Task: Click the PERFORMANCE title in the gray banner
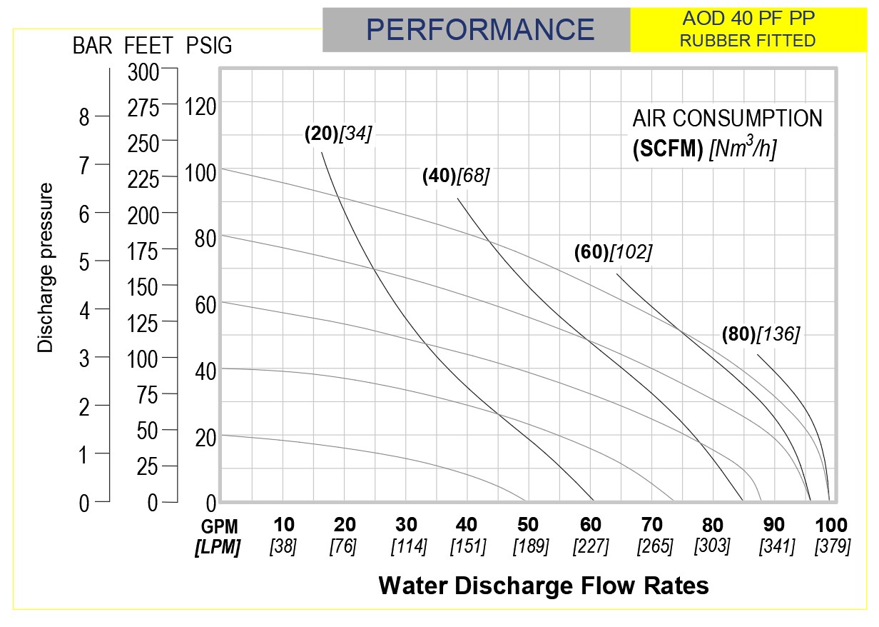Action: click(x=479, y=29)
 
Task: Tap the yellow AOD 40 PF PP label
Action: click(x=747, y=17)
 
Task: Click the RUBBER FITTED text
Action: click(x=747, y=41)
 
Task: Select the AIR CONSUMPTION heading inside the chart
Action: click(x=727, y=118)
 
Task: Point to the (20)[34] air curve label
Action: click(x=338, y=134)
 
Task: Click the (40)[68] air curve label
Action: click(x=456, y=176)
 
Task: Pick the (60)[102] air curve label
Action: click(x=613, y=253)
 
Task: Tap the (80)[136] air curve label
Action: click(x=761, y=333)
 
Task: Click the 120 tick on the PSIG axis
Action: click(x=200, y=108)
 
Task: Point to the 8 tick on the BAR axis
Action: click(x=84, y=117)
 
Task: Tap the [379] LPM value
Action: click(x=833, y=547)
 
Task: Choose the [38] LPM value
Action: click(x=283, y=547)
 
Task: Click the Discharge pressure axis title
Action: click(x=46, y=268)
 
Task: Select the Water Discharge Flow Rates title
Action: click(x=544, y=586)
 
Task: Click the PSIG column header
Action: click(x=208, y=46)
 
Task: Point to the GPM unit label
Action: click(x=220, y=526)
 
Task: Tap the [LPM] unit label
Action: click(x=218, y=548)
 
